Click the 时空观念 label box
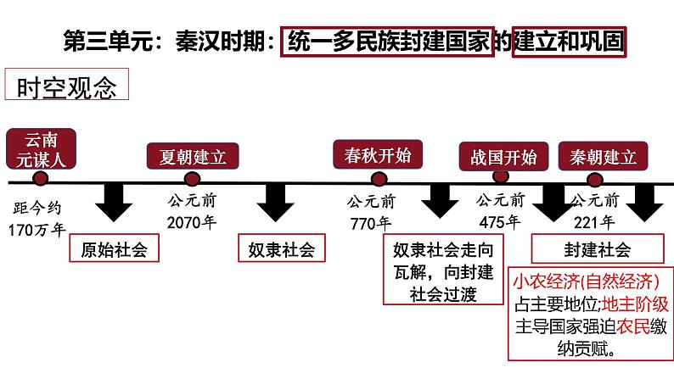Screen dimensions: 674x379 [66, 84]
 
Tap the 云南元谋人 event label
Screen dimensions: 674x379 [42, 149]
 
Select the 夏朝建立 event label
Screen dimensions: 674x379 [193, 156]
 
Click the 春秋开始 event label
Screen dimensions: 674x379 [378, 154]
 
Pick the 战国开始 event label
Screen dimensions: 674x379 [503, 157]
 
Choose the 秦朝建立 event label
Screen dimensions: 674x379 [603, 156]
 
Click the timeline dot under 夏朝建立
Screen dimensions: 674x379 [192, 179]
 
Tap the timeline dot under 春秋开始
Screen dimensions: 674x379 [379, 179]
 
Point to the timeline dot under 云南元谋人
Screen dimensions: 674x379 [41, 178]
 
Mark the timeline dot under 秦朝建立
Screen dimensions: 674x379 [595, 180]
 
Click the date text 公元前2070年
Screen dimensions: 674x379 [192, 212]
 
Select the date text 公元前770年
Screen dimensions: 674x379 [371, 213]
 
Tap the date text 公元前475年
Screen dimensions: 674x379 [500, 211]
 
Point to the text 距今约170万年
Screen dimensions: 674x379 [37, 219]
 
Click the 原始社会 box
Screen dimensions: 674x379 [115, 248]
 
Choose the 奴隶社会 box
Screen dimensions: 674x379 [282, 248]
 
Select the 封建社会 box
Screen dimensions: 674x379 [598, 248]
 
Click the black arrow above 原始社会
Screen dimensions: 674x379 [114, 203]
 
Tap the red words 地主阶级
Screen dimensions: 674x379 [635, 304]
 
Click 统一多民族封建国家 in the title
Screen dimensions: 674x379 [387, 42]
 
